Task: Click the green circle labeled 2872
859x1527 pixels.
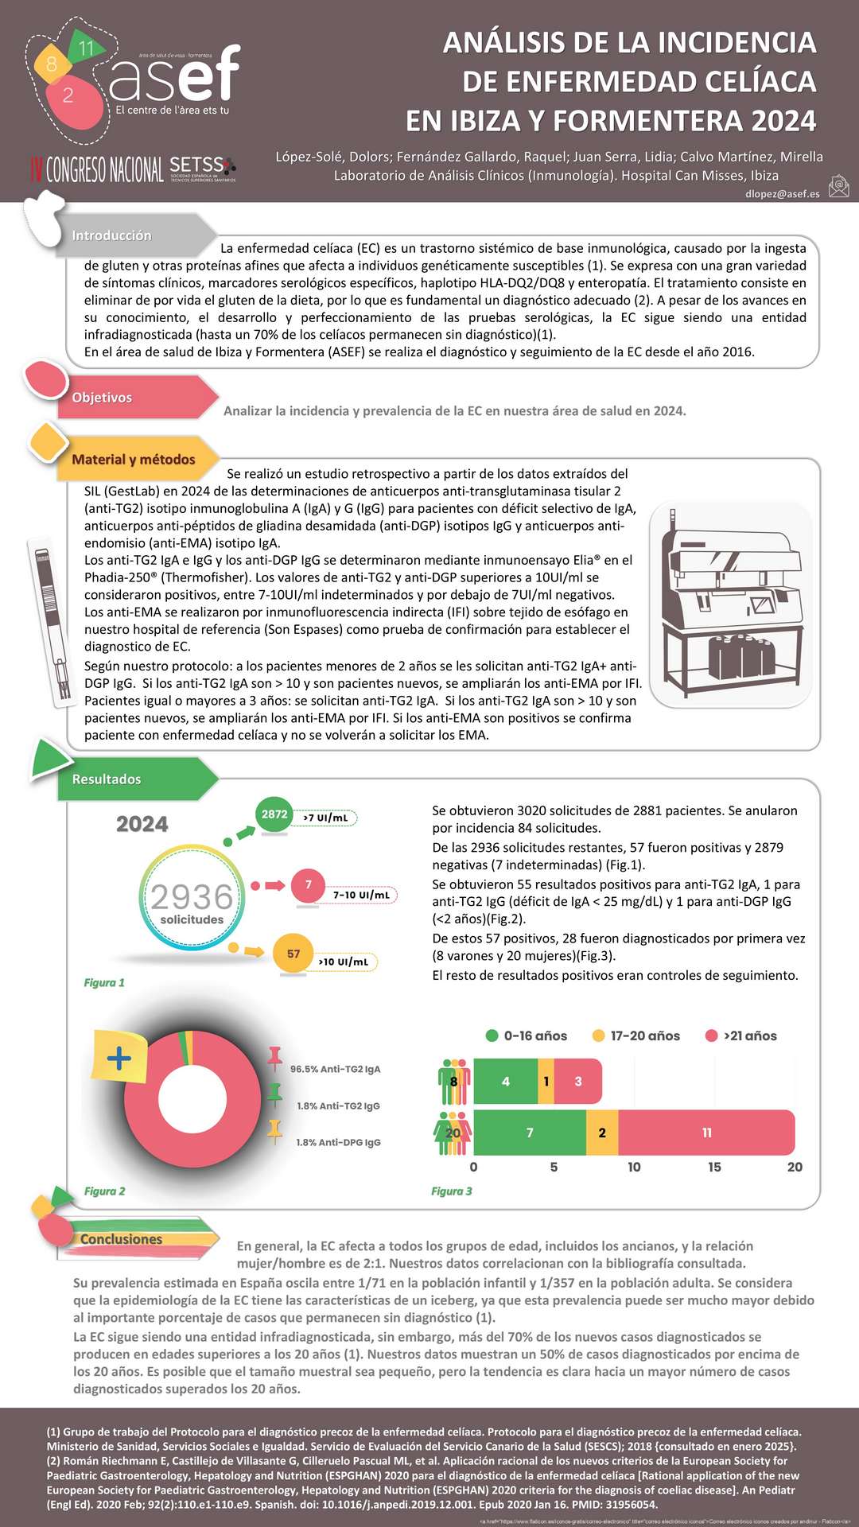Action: (274, 814)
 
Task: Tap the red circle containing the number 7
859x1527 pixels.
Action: (309, 885)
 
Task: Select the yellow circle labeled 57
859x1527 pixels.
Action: (293, 954)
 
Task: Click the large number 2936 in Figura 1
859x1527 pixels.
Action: (192, 897)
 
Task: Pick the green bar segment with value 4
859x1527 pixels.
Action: (506, 1082)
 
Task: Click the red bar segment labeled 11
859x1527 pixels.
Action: (706, 1133)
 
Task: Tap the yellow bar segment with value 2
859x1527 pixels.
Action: (602, 1133)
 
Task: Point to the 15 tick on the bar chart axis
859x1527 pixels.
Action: (714, 1167)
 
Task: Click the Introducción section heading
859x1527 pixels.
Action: (111, 235)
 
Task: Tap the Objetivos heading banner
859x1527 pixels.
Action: (102, 398)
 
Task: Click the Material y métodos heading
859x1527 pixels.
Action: (133, 460)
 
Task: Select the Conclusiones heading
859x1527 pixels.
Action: (121, 1239)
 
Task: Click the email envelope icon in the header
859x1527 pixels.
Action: (838, 186)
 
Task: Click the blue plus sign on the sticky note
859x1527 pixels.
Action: (119, 1058)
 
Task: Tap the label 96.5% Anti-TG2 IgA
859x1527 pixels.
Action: (335, 1069)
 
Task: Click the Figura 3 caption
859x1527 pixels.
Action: (451, 1191)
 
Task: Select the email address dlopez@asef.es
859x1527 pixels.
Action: (782, 193)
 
